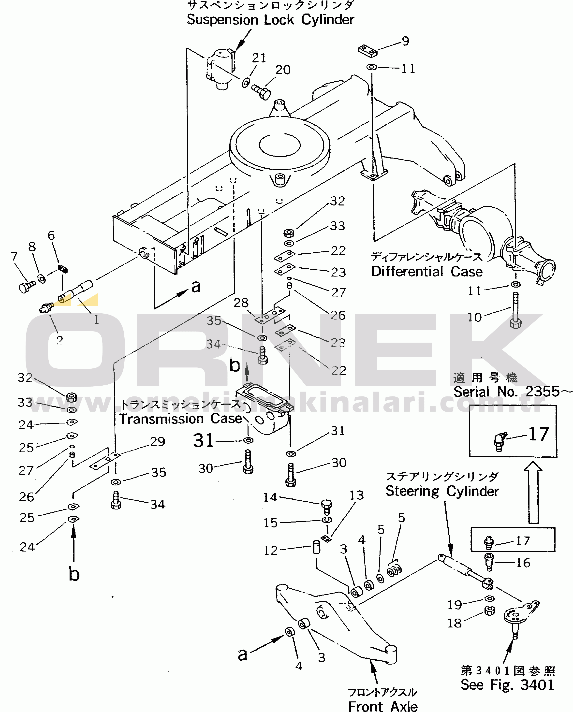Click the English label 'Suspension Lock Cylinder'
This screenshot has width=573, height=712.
(x=270, y=20)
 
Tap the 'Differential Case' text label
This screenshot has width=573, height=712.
(x=427, y=272)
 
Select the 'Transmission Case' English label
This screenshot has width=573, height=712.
(x=181, y=419)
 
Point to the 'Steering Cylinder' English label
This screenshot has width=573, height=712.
(x=442, y=491)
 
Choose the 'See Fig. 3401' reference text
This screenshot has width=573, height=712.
(x=507, y=685)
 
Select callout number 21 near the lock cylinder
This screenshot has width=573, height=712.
(x=259, y=58)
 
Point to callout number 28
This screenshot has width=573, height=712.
(x=241, y=303)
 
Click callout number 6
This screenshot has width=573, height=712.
(x=51, y=235)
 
